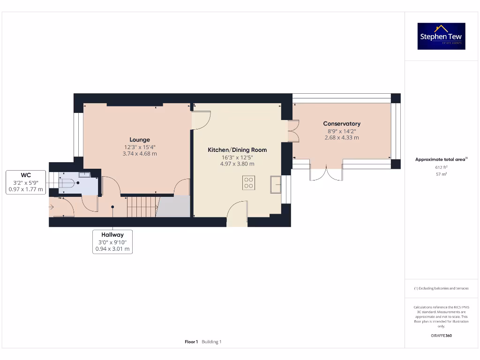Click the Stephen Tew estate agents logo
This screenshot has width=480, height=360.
click(x=441, y=36)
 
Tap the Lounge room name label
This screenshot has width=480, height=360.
click(x=140, y=140)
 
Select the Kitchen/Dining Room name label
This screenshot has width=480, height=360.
click(x=237, y=150)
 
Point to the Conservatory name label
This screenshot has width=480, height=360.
click(x=342, y=124)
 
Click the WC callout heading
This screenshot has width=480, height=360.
click(x=26, y=175)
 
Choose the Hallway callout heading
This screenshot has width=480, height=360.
click(x=112, y=235)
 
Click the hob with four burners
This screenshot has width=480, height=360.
click(x=248, y=182)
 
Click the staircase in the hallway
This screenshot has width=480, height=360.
click(x=142, y=206)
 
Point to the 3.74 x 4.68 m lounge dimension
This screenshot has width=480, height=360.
click(x=140, y=153)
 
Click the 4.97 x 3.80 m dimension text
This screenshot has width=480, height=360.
click(x=237, y=164)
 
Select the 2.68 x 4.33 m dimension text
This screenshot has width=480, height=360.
click(x=342, y=138)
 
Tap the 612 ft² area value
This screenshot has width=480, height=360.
click(x=441, y=167)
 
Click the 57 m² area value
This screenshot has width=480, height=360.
click(x=441, y=174)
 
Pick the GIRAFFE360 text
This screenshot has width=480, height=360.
click(x=441, y=336)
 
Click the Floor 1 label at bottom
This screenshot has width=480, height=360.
click(x=191, y=342)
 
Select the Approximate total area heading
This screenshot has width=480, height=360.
click(x=441, y=159)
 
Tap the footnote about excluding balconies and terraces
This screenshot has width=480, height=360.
click(x=441, y=288)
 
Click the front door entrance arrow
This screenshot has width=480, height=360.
click(x=51, y=206)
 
